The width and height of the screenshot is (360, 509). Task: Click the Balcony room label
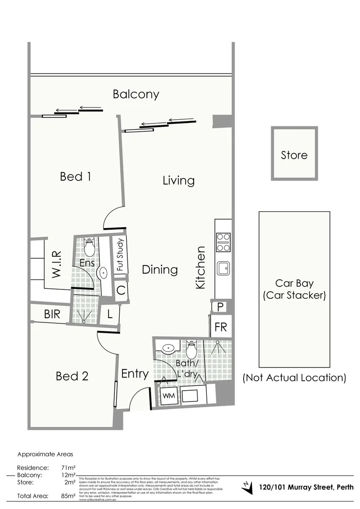coord(136,94)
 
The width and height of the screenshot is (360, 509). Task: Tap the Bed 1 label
coord(75,177)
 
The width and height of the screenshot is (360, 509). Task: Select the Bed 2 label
coord(72,376)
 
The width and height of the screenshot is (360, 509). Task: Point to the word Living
coord(178,181)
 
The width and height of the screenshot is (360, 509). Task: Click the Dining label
coord(160,270)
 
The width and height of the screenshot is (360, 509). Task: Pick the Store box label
coord(294,155)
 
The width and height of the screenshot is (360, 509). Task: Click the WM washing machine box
coord(168,396)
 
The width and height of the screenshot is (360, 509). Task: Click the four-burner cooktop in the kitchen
coord(223,242)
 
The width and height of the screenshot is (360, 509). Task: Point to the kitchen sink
coord(223,269)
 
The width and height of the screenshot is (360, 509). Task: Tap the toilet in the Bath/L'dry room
coord(191,350)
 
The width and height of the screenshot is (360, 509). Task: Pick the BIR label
coord(52,314)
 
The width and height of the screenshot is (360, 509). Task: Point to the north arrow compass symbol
coord(246,487)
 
